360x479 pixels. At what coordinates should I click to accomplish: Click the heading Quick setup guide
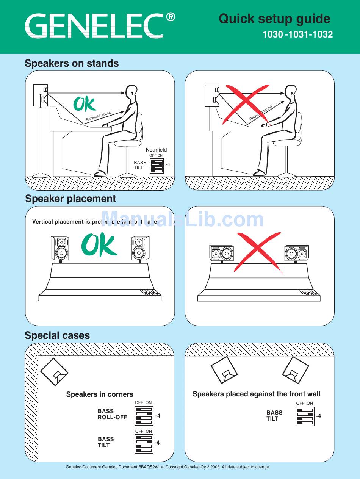(274, 19)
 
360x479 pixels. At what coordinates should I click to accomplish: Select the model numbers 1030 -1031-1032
(297, 34)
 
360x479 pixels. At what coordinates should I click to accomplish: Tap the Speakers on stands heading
(72, 63)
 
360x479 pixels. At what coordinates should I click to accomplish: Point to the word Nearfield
(156, 150)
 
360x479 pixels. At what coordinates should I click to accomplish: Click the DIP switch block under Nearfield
(157, 165)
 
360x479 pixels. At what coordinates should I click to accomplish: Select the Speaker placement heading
(70, 199)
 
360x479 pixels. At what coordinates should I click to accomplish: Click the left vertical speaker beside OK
(60, 249)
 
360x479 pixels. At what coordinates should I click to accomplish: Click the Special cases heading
(57, 335)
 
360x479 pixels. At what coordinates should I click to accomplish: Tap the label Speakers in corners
(100, 394)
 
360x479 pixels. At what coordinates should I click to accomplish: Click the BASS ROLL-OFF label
(112, 414)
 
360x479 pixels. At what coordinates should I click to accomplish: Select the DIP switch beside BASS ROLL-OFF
(144, 415)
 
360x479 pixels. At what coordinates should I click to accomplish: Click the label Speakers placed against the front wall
(257, 394)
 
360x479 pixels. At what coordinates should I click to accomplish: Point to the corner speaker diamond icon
(54, 372)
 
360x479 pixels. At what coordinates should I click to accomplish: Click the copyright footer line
(168, 467)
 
